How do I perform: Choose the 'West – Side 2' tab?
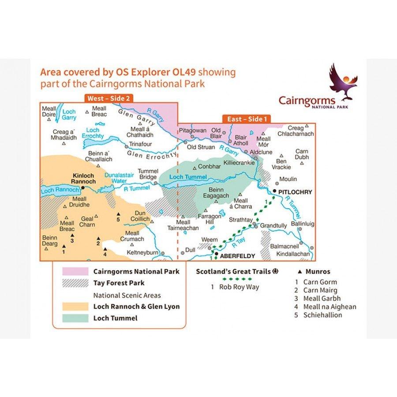pos(109,98)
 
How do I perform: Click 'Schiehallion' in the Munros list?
pos(322,315)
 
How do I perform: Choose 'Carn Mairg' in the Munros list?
pos(320,290)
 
